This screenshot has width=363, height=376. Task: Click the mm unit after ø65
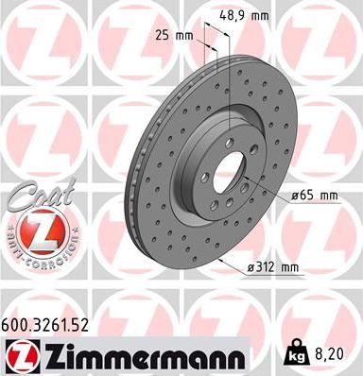click(328, 196)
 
